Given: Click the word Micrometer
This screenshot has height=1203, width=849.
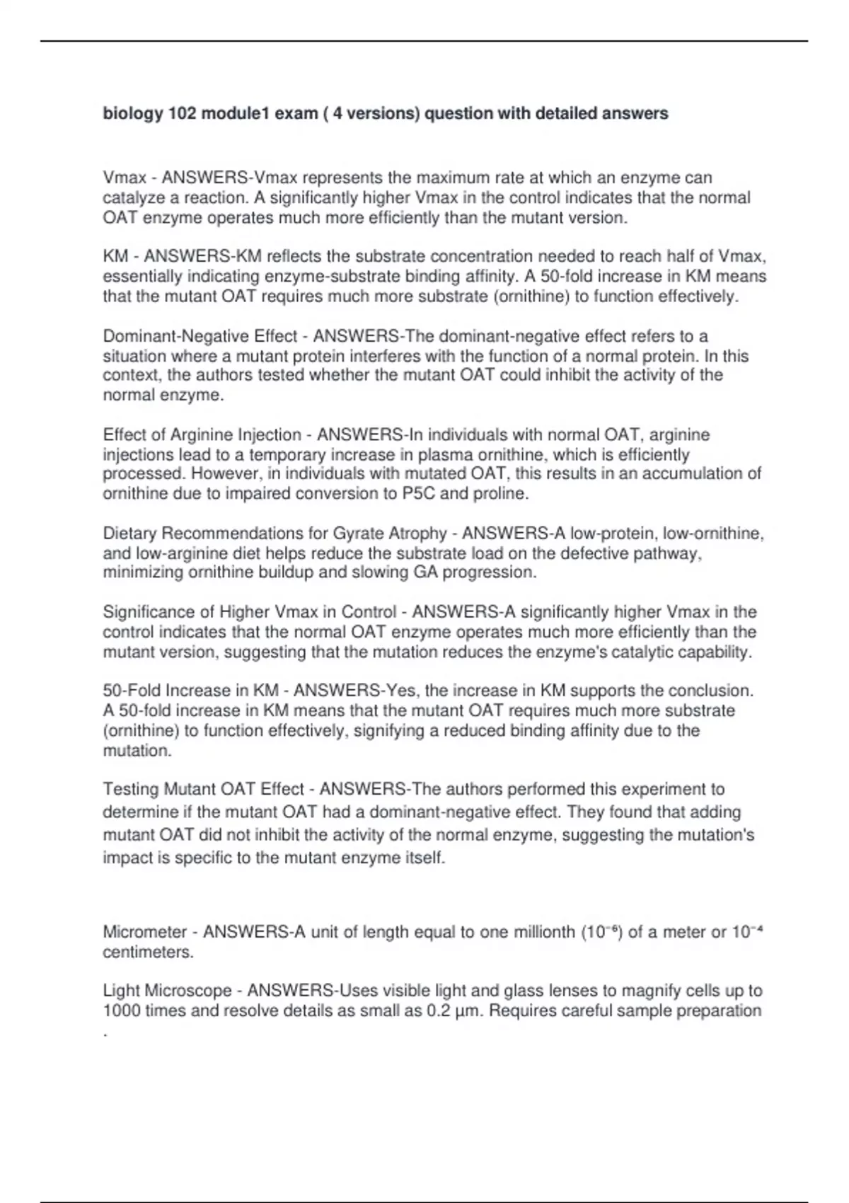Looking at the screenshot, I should (145, 932).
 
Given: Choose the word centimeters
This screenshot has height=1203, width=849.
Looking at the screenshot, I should (148, 952).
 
